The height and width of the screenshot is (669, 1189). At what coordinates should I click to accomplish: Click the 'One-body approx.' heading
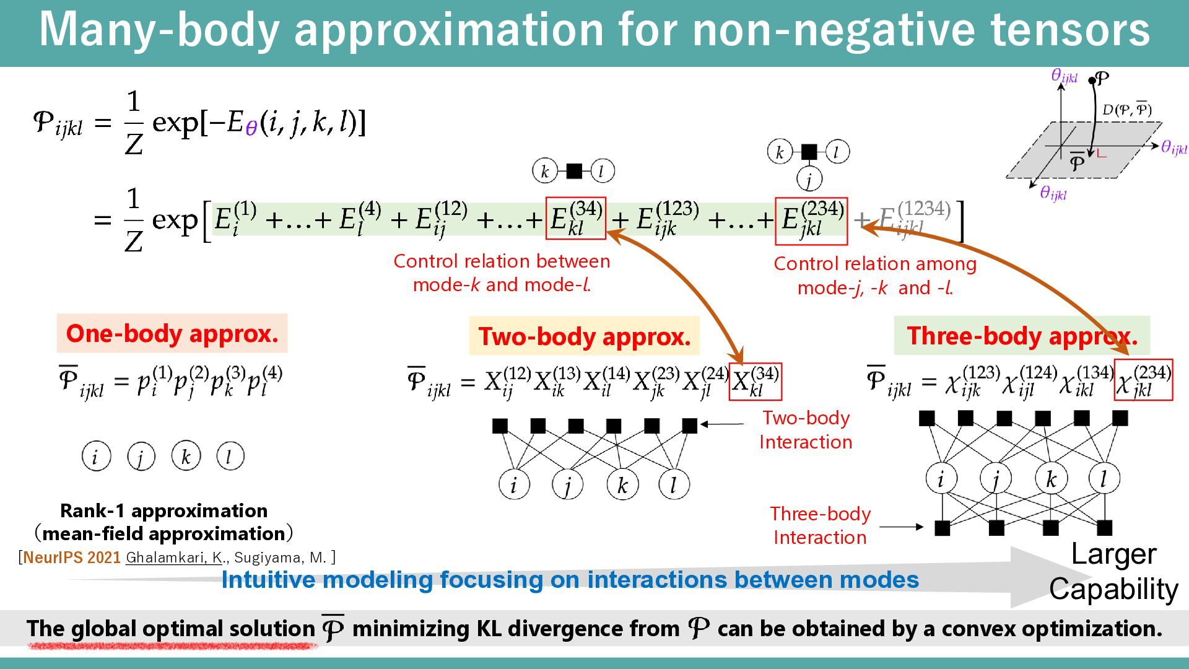172,333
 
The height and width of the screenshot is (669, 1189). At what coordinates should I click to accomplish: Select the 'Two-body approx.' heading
584,336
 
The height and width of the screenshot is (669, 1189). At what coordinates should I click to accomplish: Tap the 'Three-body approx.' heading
1022,336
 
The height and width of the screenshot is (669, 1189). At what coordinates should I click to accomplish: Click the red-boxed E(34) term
576,219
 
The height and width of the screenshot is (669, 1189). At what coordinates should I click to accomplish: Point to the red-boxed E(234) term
811,221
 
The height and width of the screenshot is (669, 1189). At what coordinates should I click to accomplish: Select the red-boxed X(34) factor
756,382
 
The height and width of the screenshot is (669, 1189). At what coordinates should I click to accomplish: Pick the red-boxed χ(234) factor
1143,380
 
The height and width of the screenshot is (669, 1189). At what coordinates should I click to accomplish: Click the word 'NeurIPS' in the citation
54,557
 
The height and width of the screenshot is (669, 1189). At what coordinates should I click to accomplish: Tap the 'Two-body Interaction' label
806,430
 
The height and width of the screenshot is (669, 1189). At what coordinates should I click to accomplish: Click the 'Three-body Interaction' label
820,525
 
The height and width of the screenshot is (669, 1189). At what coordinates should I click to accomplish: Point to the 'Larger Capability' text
1113,571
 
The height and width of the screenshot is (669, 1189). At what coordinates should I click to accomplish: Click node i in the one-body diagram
96,457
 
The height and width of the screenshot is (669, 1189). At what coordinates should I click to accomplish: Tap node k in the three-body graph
1051,478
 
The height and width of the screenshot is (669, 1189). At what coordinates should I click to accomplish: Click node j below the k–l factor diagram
809,180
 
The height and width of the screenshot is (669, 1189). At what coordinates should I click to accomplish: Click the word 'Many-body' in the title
159,30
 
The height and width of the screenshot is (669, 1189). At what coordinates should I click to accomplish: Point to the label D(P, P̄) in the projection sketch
1126,110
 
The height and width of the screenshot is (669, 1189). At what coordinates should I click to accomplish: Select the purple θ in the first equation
250,128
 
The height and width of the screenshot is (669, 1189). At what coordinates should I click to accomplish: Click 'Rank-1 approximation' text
164,511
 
